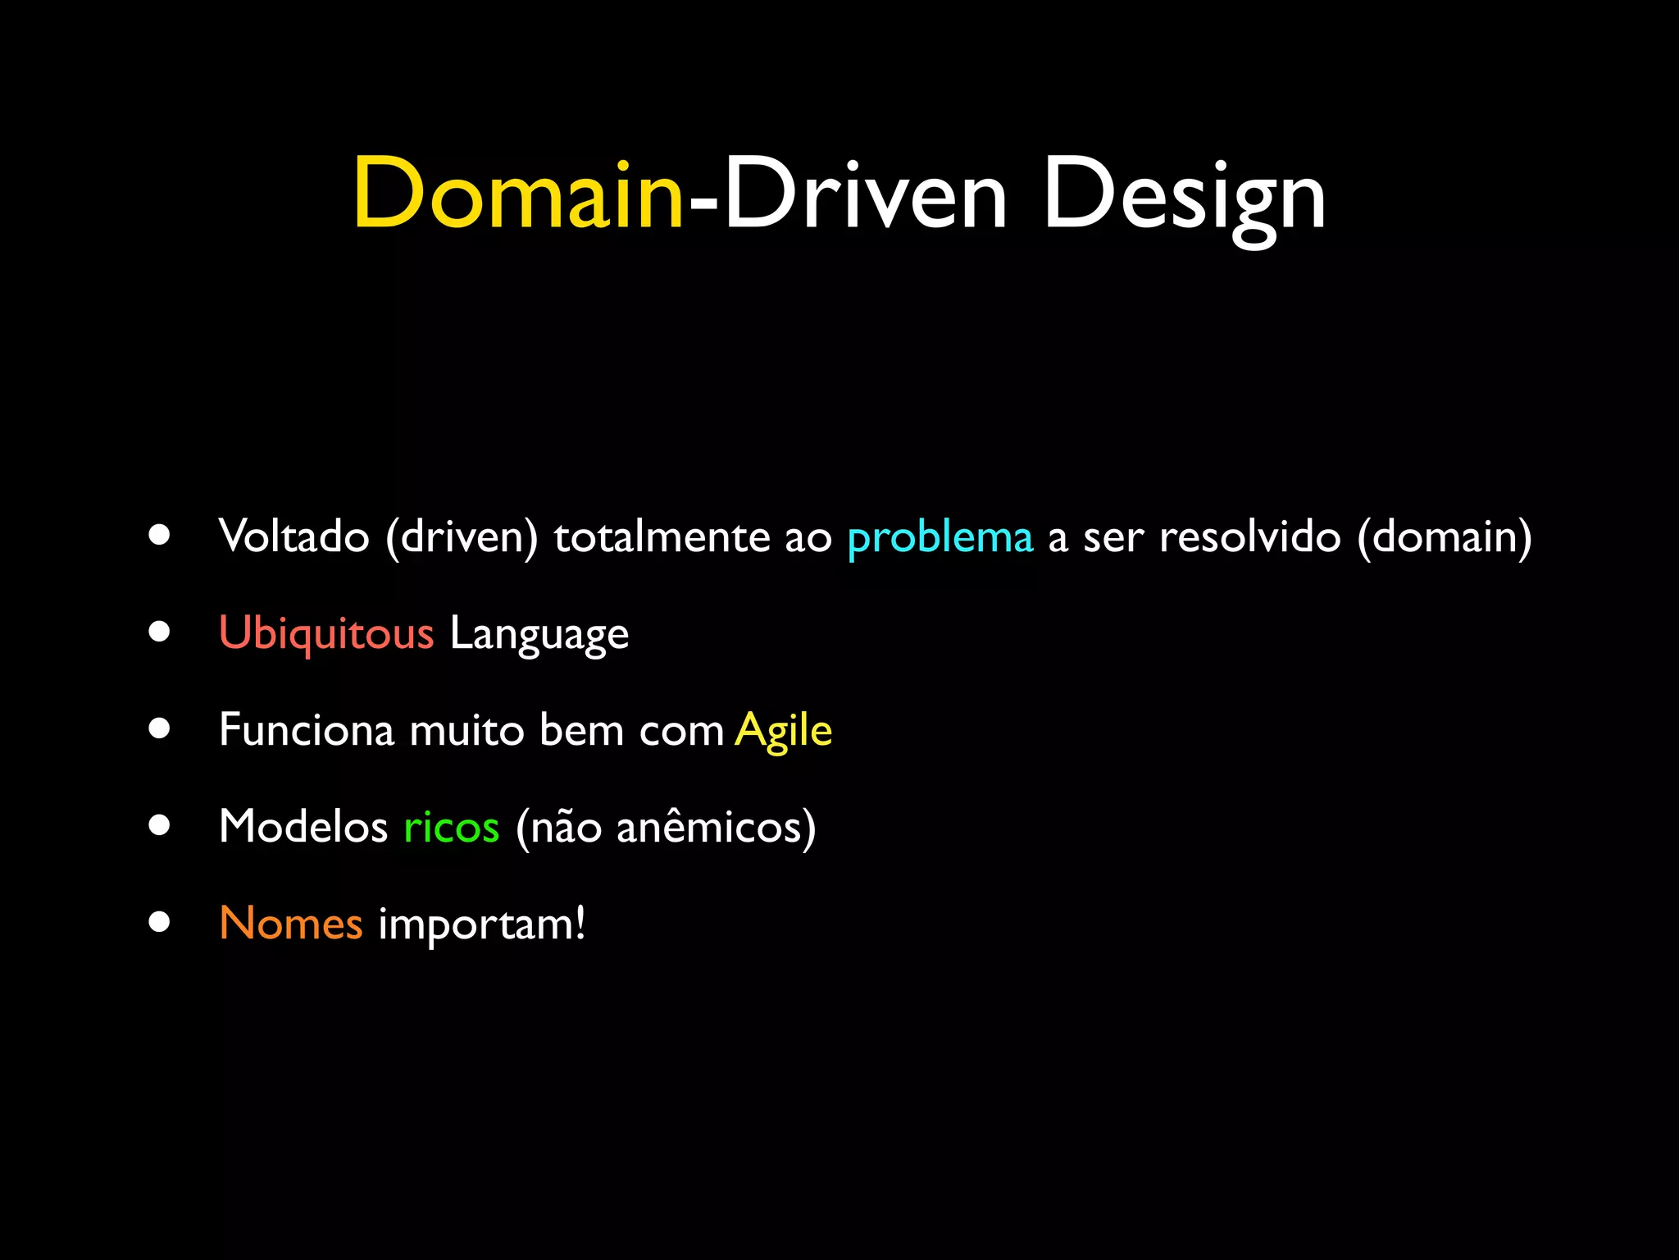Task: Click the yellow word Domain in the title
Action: tap(518, 194)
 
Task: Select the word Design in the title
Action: tap(1184, 197)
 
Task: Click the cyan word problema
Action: tap(940, 538)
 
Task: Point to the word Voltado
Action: tap(294, 536)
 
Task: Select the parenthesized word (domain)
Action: tap(1445, 538)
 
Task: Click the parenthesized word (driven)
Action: tap(462, 538)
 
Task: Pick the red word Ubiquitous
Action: tap(326, 634)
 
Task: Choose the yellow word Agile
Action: tap(783, 731)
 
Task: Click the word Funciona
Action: tap(307, 729)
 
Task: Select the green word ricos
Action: tap(451, 826)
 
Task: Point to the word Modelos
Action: tap(303, 826)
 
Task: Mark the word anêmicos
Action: tap(709, 826)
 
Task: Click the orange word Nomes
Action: tap(291, 923)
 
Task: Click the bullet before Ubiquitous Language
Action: tap(160, 632)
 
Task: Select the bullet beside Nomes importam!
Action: tap(160, 922)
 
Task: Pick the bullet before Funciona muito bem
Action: tap(160, 729)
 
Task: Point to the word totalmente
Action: tap(661, 538)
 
